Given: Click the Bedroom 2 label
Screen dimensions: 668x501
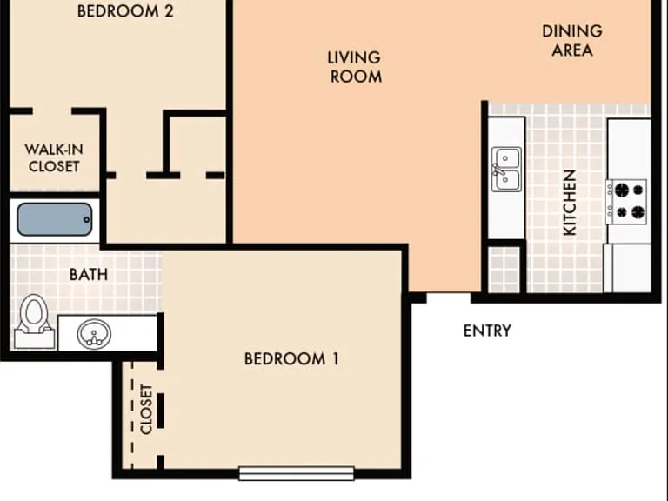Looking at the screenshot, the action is (125, 11).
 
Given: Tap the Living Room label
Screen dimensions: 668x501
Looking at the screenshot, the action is (355, 67).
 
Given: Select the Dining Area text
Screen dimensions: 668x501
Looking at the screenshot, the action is (572, 41).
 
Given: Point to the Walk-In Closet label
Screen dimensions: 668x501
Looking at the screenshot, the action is (54, 157).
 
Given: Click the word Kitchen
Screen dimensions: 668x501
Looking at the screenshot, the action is (570, 203).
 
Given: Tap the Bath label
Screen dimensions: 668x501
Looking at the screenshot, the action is (89, 274).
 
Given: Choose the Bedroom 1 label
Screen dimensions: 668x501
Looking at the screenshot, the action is (292, 358).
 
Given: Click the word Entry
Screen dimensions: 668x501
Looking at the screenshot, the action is (487, 331).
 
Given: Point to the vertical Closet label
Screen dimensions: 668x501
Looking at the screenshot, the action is (146, 409).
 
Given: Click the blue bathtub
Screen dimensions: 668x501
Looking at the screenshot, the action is (55, 219).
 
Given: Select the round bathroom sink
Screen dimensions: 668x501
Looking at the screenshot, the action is (94, 334).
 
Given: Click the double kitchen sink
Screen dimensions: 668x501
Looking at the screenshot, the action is (506, 169).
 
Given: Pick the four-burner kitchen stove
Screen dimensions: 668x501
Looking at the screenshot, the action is (626, 202).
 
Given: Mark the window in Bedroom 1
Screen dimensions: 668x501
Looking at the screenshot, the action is (297, 473).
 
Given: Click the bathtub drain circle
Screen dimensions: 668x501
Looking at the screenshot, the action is (87, 220).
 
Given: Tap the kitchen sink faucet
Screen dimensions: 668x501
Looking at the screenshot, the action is (498, 170).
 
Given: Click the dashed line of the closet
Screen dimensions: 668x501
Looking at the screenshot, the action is (132, 416).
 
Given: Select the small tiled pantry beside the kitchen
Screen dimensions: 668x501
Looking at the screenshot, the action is (504, 270).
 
